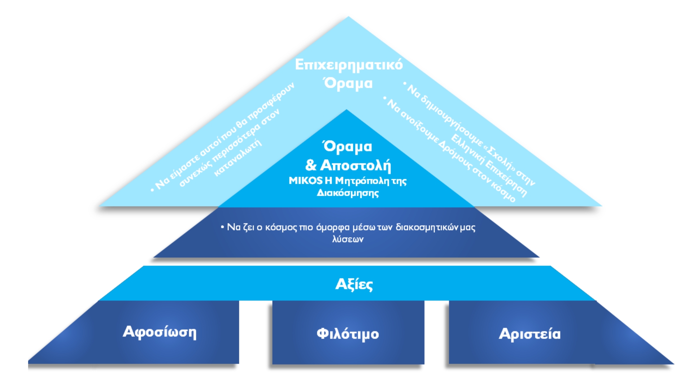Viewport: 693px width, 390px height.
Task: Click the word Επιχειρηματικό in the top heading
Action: click(349, 65)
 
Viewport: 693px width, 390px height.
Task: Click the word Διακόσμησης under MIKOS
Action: click(348, 193)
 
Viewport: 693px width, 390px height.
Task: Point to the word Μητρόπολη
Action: click(361, 181)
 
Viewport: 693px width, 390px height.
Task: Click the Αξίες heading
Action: click(354, 285)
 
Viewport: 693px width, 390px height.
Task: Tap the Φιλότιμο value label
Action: click(348, 334)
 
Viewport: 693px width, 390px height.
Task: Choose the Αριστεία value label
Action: click(529, 334)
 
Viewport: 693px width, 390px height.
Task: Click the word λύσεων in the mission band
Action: click(348, 239)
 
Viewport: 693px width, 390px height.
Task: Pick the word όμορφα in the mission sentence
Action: click(333, 227)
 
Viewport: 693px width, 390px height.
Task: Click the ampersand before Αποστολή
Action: click(310, 165)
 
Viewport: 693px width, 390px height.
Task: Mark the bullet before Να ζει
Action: click(222, 227)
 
